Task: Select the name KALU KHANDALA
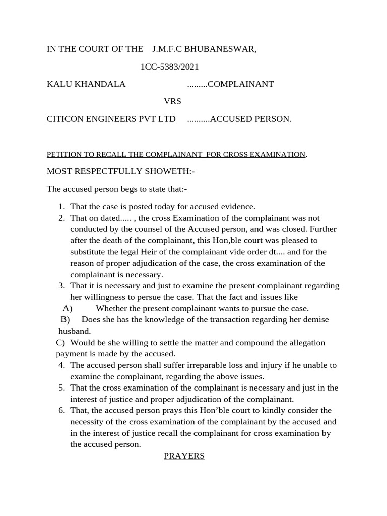(x=86, y=84)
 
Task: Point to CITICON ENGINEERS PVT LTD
(x=111, y=119)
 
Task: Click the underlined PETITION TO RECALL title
(x=176, y=154)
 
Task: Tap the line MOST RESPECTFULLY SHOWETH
(x=120, y=171)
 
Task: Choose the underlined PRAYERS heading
(x=184, y=456)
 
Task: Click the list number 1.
(x=61, y=207)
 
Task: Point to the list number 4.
(x=61, y=365)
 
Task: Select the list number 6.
(x=61, y=411)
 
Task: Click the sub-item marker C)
(x=60, y=343)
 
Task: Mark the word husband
(x=75, y=331)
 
